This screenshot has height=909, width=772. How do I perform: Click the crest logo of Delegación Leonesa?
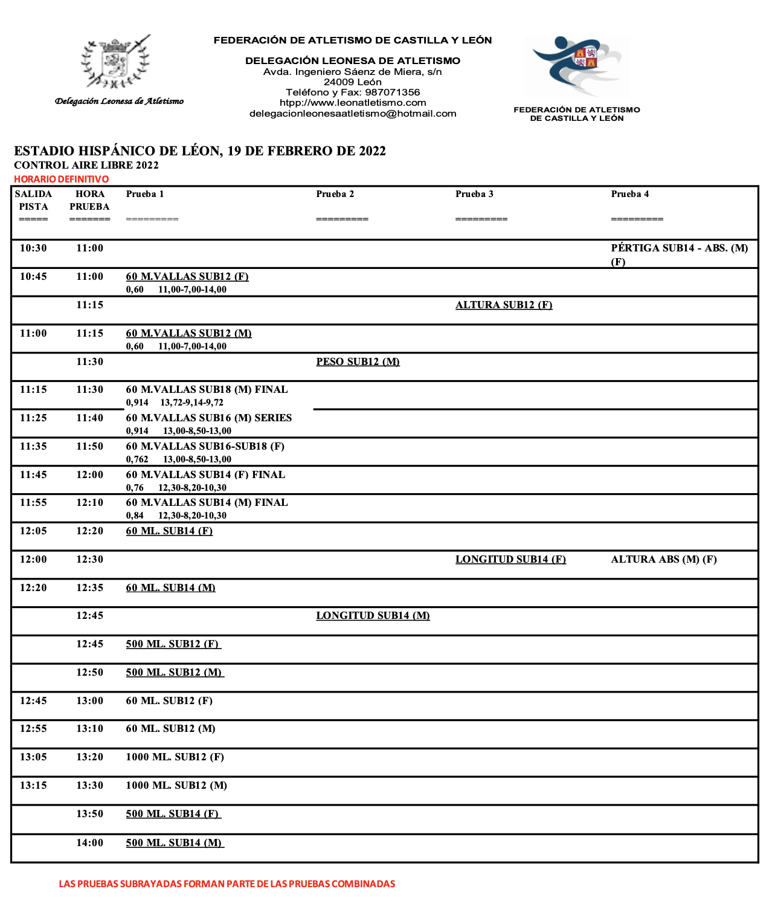[x=116, y=62]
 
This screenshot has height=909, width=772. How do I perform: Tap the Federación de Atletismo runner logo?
[x=576, y=66]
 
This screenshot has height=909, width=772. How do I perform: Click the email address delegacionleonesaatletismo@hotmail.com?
[x=353, y=114]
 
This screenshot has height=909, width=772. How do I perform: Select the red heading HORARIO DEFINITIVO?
[x=62, y=179]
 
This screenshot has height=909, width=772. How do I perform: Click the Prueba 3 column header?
[x=474, y=194]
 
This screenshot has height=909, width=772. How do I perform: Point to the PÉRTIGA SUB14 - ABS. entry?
[x=679, y=248]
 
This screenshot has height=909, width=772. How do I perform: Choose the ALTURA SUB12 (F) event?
[x=504, y=305]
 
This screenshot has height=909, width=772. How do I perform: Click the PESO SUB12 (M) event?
[x=358, y=362]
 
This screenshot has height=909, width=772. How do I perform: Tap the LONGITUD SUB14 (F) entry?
[x=510, y=560]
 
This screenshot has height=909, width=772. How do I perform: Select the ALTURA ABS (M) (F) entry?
[x=664, y=560]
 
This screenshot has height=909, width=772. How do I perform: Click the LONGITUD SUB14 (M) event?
[x=373, y=616]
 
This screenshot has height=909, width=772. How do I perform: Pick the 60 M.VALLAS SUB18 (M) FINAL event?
[x=207, y=390]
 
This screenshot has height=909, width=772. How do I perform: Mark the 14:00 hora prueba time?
[x=89, y=843]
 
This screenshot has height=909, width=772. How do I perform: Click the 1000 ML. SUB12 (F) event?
[x=175, y=757]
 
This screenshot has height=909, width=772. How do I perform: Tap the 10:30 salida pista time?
[x=33, y=248]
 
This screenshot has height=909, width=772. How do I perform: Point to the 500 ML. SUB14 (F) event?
[x=173, y=814]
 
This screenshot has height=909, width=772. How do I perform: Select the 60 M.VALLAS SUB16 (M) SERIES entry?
[x=208, y=418]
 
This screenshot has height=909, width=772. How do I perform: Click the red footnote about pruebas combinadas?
[x=227, y=884]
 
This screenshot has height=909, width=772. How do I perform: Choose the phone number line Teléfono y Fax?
[x=353, y=92]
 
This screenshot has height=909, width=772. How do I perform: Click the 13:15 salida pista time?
[x=33, y=786]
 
